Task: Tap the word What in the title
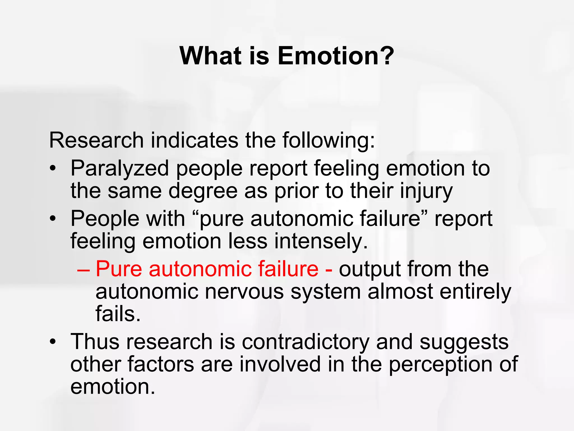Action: pyautogui.click(x=210, y=56)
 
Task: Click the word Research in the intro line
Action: pyautogui.click(x=96, y=140)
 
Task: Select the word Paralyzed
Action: pyautogui.click(x=120, y=169)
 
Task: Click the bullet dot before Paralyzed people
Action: pyautogui.click(x=52, y=169)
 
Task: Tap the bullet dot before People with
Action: pyautogui.click(x=52, y=219)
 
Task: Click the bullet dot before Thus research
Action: pyautogui.click(x=52, y=342)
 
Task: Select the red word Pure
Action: pyautogui.click(x=119, y=269)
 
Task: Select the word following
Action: pyautogui.click(x=328, y=140)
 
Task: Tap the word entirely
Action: pyautogui.click(x=475, y=292)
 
